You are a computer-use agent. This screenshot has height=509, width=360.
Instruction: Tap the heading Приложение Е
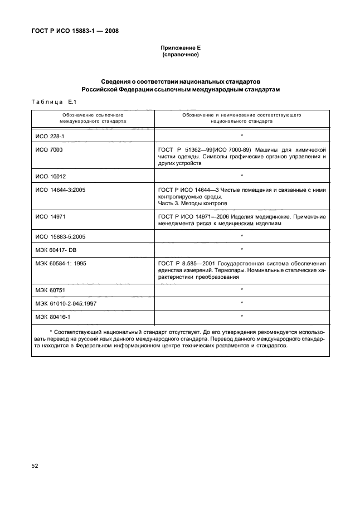(x=180, y=49)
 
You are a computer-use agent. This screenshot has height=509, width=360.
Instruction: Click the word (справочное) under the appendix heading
(x=180, y=55)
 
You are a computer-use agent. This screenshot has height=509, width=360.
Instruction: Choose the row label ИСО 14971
(x=48, y=215)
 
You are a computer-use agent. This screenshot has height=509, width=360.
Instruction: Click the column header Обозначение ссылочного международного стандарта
(x=94, y=118)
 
